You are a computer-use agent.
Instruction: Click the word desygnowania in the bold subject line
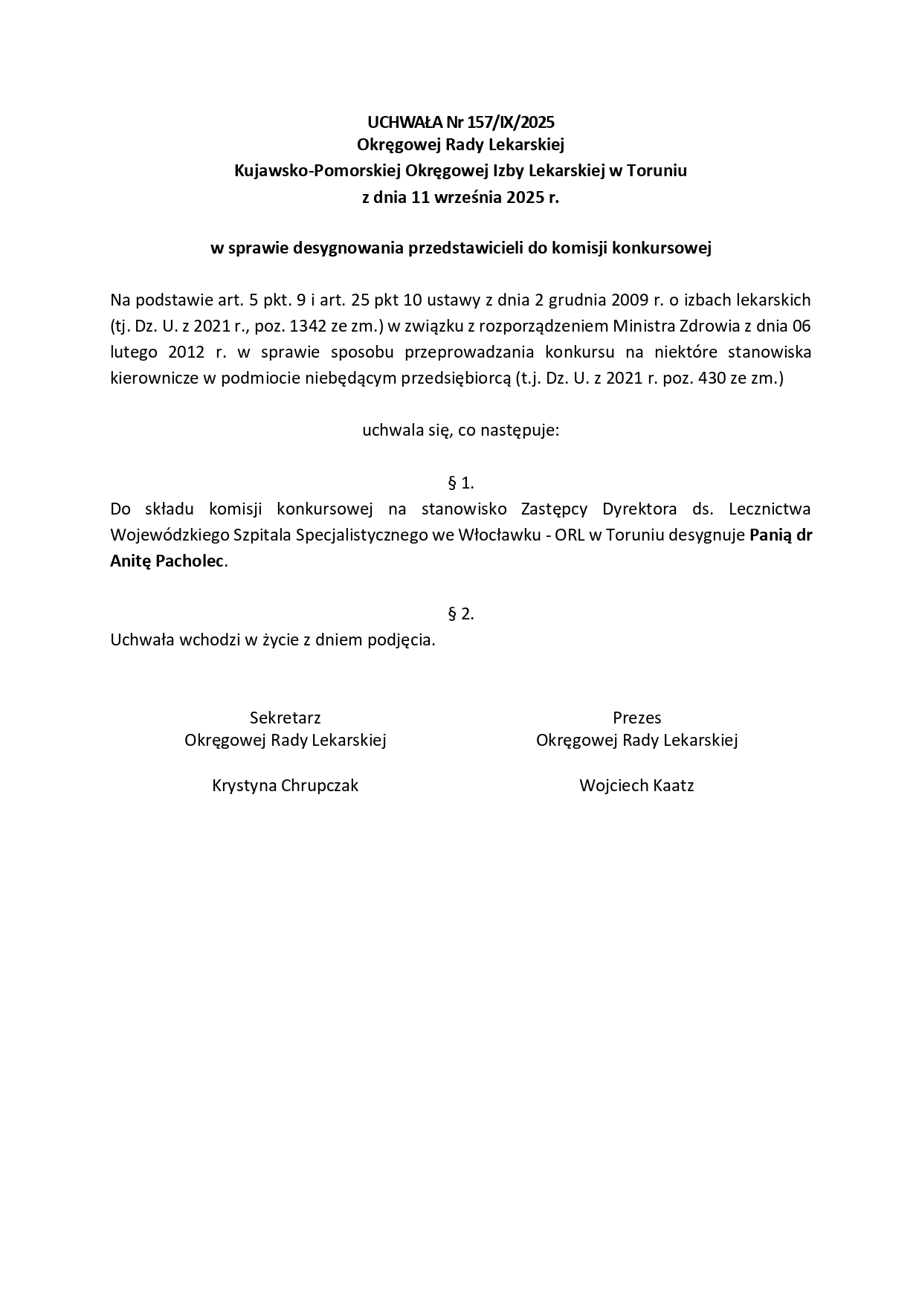tap(349, 248)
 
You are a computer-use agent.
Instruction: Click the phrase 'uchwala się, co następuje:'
tap(460, 431)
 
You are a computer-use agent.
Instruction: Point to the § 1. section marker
tap(461, 483)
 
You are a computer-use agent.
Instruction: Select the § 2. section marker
tap(461, 613)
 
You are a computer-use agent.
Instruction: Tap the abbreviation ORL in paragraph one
tap(570, 535)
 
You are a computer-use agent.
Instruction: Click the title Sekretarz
tap(285, 718)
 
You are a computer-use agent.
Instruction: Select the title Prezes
tap(636, 718)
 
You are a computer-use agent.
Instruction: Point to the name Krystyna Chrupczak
tap(285, 786)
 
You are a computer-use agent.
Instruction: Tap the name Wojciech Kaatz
tap(636, 786)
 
